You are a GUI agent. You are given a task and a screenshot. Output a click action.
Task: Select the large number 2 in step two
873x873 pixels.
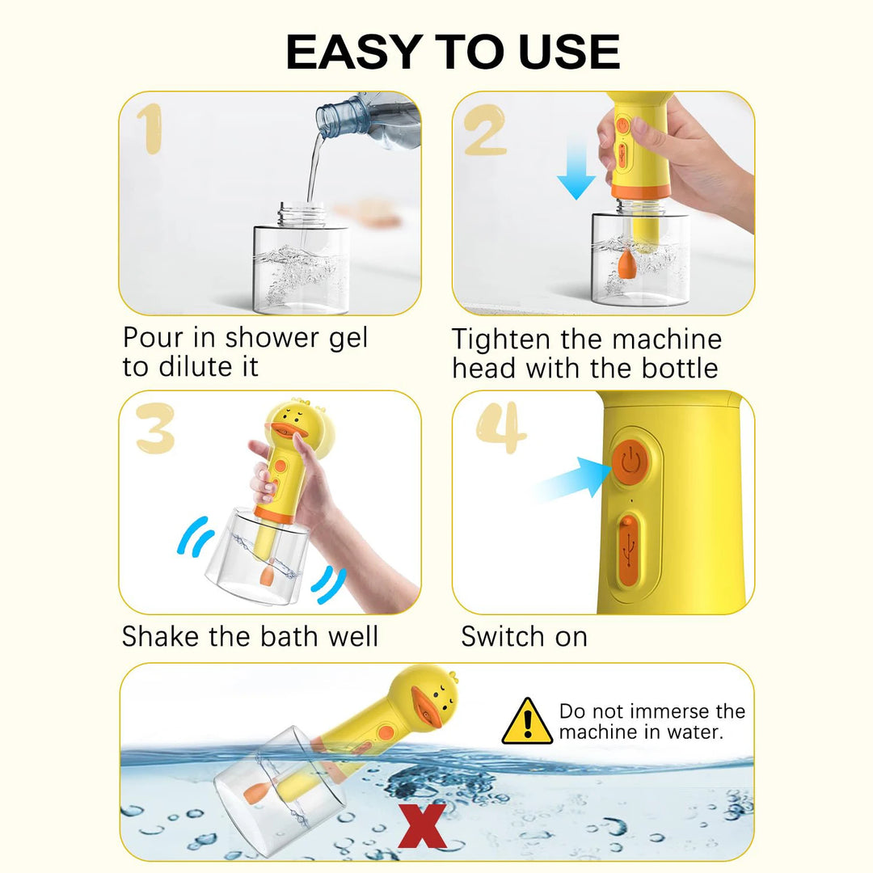pyautogui.click(x=485, y=129)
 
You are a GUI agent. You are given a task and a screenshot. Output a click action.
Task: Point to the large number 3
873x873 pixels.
pyautogui.click(x=154, y=428)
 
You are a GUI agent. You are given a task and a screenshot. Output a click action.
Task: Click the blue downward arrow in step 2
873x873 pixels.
pyautogui.click(x=576, y=169)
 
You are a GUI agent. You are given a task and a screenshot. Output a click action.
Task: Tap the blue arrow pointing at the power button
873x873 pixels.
pyautogui.click(x=573, y=479)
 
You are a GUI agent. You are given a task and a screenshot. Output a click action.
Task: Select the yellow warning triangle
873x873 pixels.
pyautogui.click(x=527, y=721)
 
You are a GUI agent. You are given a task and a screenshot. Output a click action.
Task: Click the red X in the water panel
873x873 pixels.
pyautogui.click(x=423, y=826)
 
